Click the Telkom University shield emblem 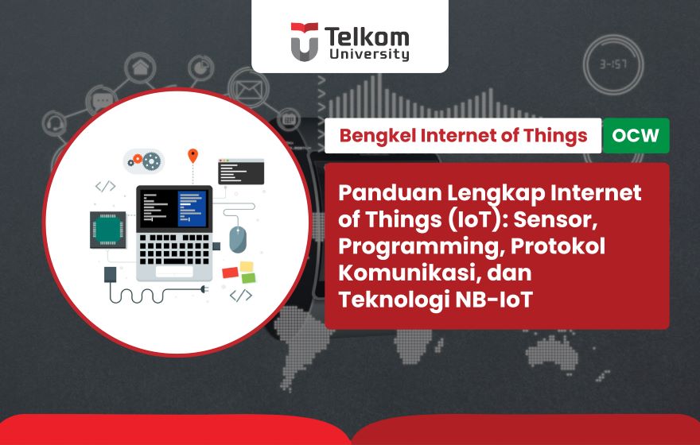(x=304, y=41)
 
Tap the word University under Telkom (x=367, y=55)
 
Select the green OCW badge (x=636, y=136)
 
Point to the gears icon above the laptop (x=145, y=161)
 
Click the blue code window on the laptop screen (x=192, y=208)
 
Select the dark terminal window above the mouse (x=241, y=170)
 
